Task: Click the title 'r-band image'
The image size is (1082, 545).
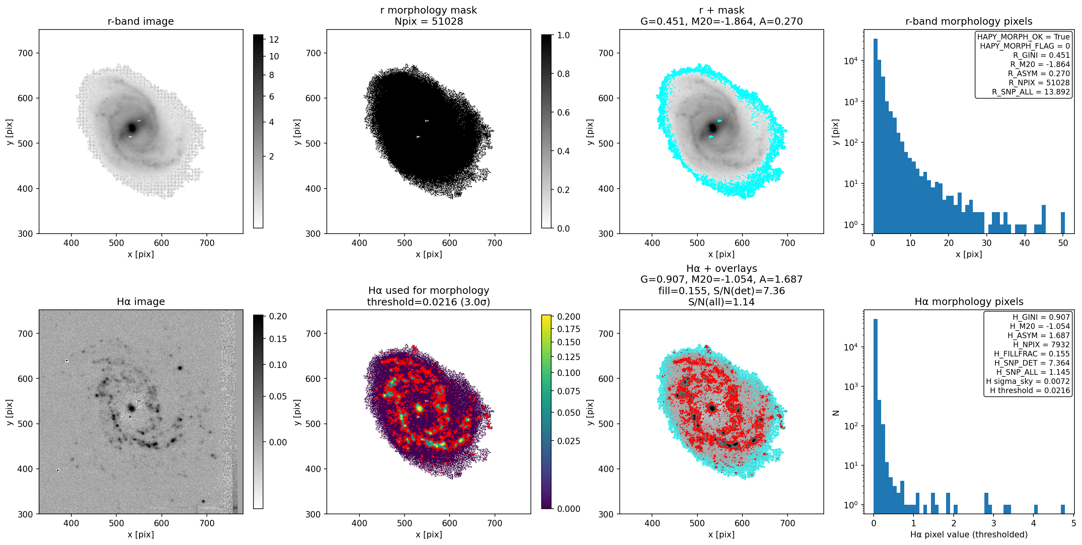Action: click(141, 21)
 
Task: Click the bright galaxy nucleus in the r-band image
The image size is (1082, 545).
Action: click(132, 127)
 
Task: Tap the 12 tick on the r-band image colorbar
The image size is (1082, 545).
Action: click(274, 39)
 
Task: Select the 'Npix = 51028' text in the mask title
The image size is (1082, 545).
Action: click(428, 21)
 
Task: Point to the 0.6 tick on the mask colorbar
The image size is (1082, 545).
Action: click(563, 112)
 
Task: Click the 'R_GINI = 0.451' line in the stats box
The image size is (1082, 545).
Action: click(1041, 55)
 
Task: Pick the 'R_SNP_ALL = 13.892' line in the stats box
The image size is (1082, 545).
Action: click(1031, 92)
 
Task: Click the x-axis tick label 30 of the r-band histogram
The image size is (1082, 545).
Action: click(987, 243)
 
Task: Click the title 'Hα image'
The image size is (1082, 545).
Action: click(141, 301)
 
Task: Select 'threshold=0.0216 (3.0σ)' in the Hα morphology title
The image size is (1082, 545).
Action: click(428, 302)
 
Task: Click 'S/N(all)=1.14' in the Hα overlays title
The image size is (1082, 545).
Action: click(721, 302)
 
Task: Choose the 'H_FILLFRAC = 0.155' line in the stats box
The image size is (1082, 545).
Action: click(1032, 354)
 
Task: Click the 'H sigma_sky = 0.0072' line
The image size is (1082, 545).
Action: click(1028, 381)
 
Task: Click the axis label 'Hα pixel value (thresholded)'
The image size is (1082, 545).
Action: click(968, 535)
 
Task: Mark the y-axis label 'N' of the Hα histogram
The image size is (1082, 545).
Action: click(835, 413)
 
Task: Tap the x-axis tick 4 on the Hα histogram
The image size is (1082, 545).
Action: click(1033, 523)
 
